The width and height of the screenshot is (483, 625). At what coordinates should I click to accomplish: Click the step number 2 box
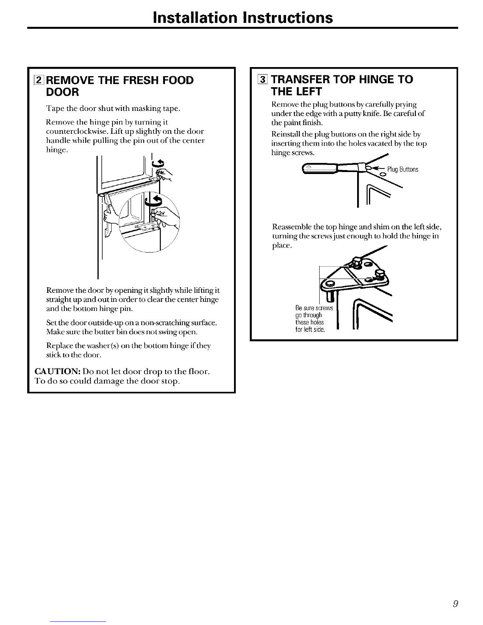point(39,80)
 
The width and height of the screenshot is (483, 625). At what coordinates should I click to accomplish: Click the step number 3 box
point(262,79)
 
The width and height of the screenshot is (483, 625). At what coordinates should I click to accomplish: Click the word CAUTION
point(57,371)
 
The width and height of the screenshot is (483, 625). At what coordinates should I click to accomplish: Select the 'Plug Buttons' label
point(402,169)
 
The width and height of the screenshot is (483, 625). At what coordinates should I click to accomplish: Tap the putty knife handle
point(319,168)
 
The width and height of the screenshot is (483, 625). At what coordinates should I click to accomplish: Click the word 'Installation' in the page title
point(195,17)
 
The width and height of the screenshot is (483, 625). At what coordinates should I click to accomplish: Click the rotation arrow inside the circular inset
point(154,200)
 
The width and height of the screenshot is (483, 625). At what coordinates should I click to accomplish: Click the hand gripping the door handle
point(110,216)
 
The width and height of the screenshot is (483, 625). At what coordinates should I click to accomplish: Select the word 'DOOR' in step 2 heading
point(62,92)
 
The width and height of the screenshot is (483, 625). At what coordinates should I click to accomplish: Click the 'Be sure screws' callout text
point(314,308)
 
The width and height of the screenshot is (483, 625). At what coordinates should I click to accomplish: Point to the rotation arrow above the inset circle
point(158,163)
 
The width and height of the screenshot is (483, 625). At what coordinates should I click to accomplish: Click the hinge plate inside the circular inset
point(146,228)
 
